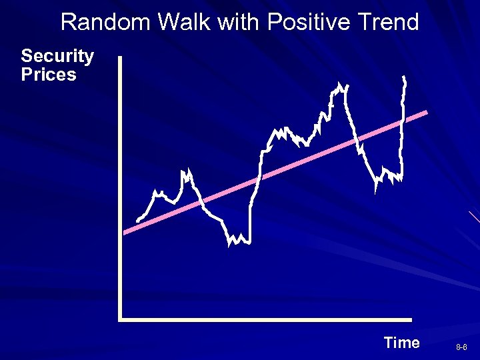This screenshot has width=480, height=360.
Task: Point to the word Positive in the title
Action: pos(305,23)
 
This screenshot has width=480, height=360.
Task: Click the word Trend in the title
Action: pos(387,23)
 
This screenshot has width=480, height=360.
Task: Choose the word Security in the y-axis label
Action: pos(57,56)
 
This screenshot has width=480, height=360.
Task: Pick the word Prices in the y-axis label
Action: pos(49,75)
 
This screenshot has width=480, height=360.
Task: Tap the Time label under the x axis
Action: pos(401,343)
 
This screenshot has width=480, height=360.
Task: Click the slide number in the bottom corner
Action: pos(461,348)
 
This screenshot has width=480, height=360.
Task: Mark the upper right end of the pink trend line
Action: pos(425,113)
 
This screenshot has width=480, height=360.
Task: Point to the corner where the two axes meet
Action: pos(121,319)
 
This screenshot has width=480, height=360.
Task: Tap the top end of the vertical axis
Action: pos(120,58)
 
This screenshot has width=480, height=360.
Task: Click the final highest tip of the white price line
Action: pos(404,78)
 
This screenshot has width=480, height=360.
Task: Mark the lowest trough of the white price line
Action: pos(229,245)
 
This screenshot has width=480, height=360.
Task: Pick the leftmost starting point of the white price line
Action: pos(137,221)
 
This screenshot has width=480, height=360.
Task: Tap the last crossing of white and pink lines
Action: pos(402,121)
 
